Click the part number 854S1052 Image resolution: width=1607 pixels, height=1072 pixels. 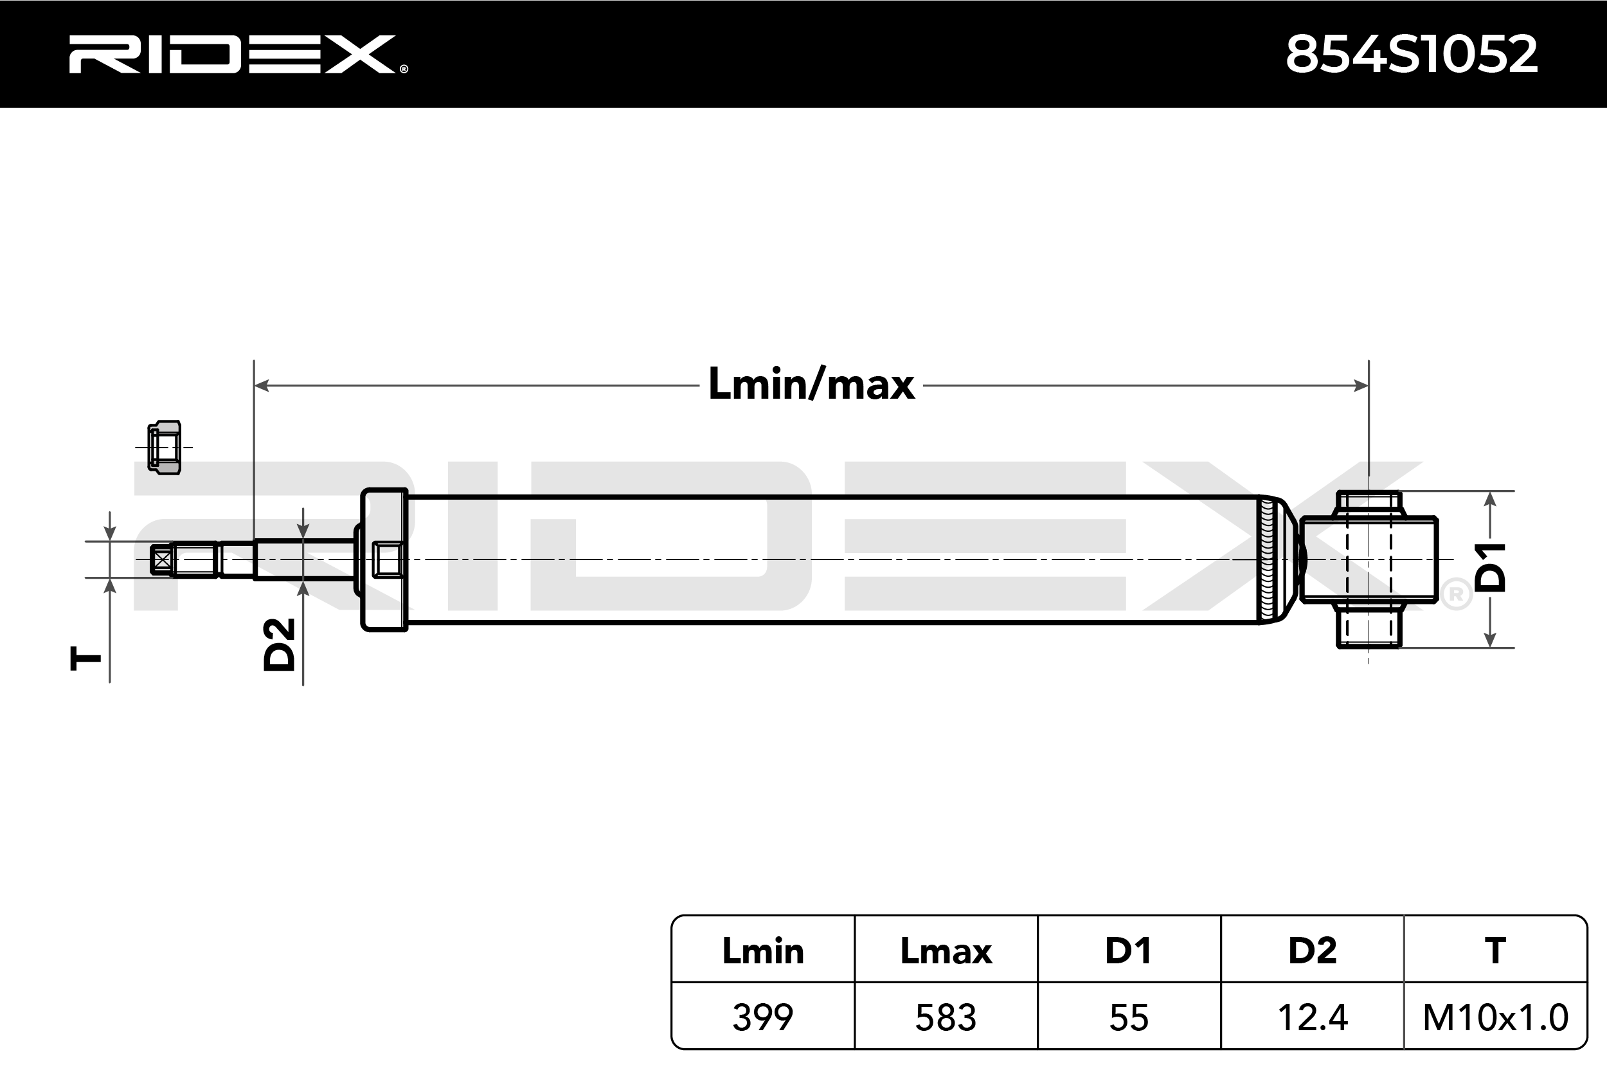coord(1411,55)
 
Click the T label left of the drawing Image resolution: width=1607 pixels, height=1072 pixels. coord(86,659)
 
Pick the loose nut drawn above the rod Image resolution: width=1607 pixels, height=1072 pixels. coord(165,448)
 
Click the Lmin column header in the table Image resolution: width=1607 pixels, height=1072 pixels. coord(762,951)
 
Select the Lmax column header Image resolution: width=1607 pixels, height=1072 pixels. coord(946,951)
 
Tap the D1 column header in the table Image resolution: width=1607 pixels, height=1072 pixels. coord(1129,951)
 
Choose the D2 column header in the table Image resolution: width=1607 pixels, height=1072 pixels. coord(1312,951)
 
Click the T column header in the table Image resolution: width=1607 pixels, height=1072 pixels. coord(1495,951)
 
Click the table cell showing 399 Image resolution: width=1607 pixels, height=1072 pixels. coord(762,1017)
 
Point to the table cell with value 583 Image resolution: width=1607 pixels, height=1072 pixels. coord(946,1017)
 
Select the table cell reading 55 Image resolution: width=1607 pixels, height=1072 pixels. coord(1129,1017)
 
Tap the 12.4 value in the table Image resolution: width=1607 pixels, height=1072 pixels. coord(1312,1017)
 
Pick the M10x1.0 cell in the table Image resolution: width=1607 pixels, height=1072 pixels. coord(1495,1017)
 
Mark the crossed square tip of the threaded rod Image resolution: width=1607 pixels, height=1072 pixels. coord(161,561)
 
